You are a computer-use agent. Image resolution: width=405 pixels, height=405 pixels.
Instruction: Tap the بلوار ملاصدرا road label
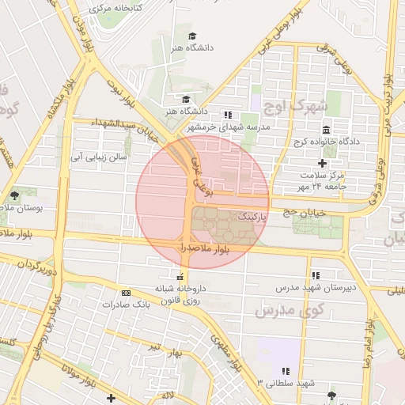[204, 248]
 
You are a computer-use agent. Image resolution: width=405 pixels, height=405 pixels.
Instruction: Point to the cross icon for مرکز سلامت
[322, 162]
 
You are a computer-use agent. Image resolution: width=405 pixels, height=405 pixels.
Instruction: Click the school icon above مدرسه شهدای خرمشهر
[228, 114]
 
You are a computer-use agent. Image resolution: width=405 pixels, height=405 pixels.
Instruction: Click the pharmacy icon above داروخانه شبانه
[182, 277]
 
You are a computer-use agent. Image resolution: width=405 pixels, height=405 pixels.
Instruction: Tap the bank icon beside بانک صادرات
[126, 293]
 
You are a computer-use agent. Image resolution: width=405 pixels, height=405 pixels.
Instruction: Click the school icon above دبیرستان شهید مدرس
[316, 275]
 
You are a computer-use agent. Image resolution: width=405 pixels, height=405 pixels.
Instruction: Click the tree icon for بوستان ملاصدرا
[14, 195]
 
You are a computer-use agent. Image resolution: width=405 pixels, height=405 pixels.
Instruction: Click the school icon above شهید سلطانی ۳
[286, 371]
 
